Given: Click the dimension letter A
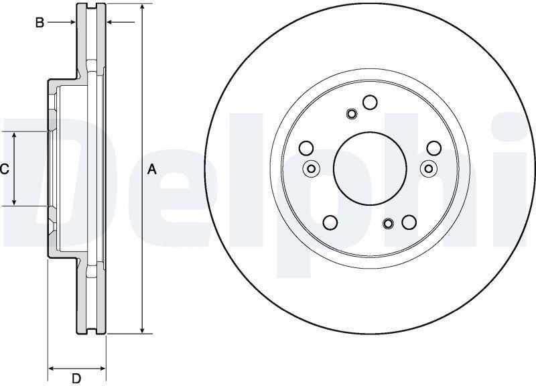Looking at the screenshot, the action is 152,170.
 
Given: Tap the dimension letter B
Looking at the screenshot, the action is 40,23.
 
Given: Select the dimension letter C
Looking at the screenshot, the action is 4,170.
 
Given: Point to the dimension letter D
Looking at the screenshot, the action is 76,379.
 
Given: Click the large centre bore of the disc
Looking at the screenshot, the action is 371,168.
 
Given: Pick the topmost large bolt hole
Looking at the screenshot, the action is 370,103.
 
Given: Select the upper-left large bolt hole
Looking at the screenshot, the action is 306,147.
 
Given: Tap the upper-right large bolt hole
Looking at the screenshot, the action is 434,147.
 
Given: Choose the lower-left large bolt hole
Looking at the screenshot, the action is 330,222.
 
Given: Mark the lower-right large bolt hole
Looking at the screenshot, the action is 409,222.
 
